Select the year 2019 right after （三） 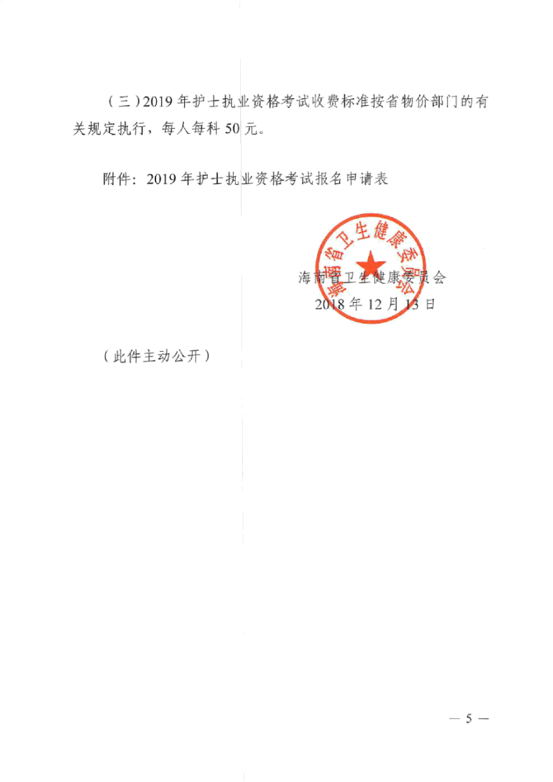coord(157,102)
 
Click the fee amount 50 coord(232,129)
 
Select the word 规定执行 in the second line coord(116,129)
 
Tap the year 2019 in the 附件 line coord(161,179)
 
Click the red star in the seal coord(370,264)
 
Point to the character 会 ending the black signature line coord(438,277)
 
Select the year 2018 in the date coord(330,303)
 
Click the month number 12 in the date coord(374,303)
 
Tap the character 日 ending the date coord(429,303)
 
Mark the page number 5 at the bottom coord(468,719)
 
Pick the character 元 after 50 coord(251,129)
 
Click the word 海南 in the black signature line coord(312,277)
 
